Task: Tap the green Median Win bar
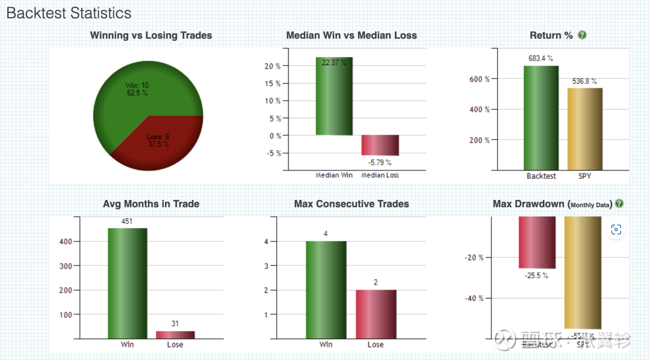pos(334,96)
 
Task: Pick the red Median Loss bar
pos(380,145)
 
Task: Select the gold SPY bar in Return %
pos(584,129)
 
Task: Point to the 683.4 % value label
pos(541,58)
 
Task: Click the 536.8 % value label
pos(584,81)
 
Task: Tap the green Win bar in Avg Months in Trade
pos(127,283)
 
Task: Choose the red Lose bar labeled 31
pos(175,335)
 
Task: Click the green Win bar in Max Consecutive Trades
pos(326,290)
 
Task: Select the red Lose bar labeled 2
pos(376,314)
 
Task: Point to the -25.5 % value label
pos(537,276)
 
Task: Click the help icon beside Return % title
pos(582,35)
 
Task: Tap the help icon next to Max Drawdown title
pos(619,203)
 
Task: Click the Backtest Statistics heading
pos(69,13)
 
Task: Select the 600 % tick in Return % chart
pos(479,79)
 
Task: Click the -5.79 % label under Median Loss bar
pos(380,162)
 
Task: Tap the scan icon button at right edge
pos(615,229)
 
